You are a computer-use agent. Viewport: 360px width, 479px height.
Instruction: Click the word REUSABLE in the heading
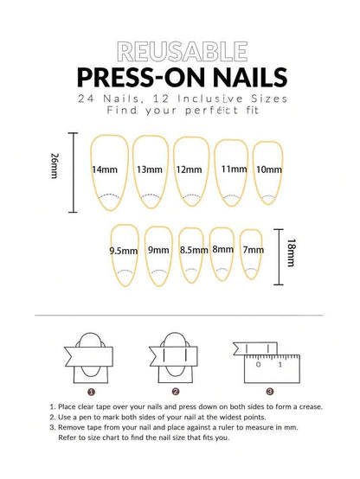[179, 49]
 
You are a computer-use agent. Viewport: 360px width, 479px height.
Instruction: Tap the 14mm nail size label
[105, 169]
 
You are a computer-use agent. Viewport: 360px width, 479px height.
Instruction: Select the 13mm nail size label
[150, 169]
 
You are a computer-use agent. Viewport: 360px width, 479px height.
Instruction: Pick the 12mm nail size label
[189, 169]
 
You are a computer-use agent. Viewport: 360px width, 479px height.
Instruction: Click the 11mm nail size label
[233, 169]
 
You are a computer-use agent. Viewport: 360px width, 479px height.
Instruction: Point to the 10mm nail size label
[269, 169]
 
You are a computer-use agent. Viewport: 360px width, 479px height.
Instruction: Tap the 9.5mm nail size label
[124, 251]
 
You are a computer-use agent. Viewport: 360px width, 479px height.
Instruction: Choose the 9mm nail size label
[158, 250]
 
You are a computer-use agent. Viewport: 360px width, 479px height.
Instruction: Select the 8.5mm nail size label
[193, 250]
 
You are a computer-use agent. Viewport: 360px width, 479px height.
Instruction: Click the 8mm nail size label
[223, 249]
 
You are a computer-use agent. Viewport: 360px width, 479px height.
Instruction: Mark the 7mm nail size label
[253, 250]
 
